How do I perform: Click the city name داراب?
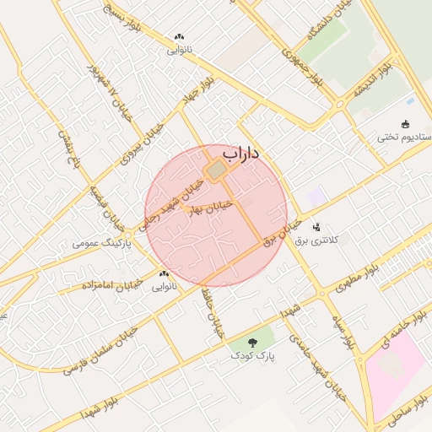240,154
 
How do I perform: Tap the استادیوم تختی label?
403,137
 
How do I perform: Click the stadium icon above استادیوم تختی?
406,123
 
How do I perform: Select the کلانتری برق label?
316,240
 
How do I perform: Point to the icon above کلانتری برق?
317,227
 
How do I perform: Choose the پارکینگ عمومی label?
99,242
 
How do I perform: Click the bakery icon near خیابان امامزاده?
163,273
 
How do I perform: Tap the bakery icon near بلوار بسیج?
178,37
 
